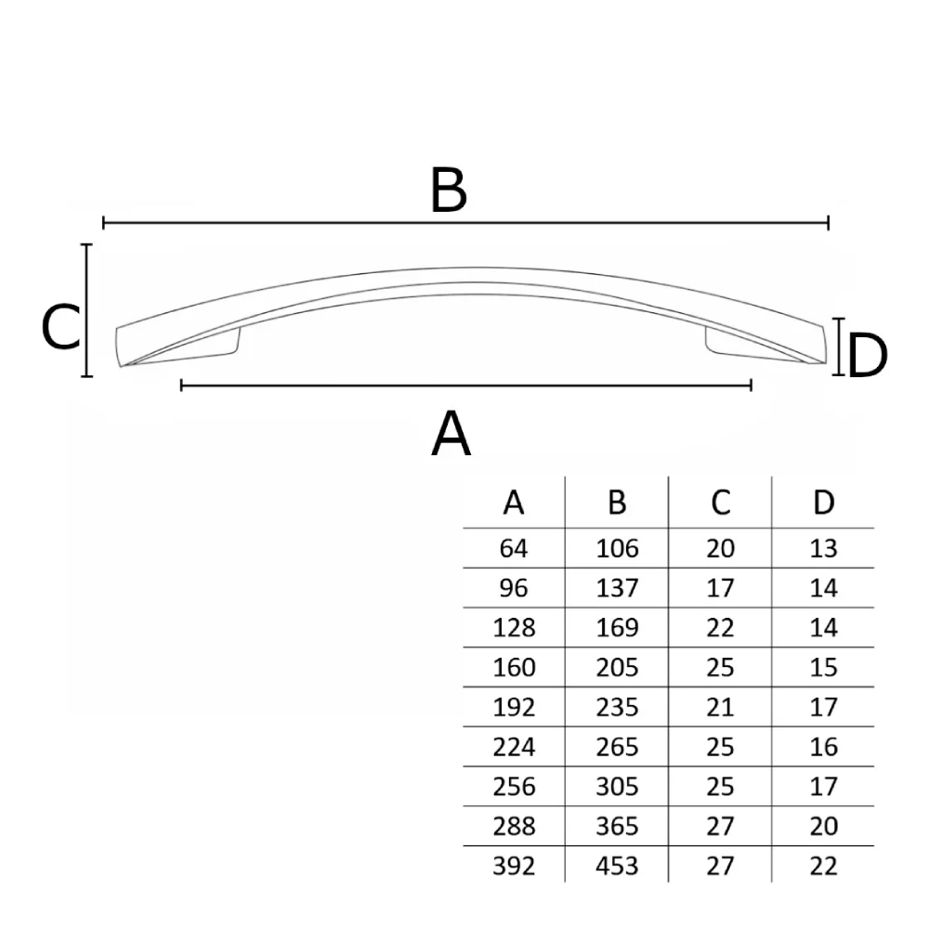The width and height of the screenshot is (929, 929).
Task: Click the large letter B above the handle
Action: (449, 190)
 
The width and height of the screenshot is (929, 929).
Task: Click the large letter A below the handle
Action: (451, 433)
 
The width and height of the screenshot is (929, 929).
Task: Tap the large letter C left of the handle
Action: (60, 326)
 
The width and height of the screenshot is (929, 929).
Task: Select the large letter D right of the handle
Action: (868, 356)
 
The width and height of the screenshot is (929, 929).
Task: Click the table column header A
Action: (514, 503)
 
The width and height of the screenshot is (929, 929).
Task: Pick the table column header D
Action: (823, 503)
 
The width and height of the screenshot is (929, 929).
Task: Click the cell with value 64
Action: (513, 548)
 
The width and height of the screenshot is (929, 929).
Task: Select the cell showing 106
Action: (617, 548)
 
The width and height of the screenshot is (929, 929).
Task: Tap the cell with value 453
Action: (617, 866)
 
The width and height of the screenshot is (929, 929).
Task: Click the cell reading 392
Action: (514, 866)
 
